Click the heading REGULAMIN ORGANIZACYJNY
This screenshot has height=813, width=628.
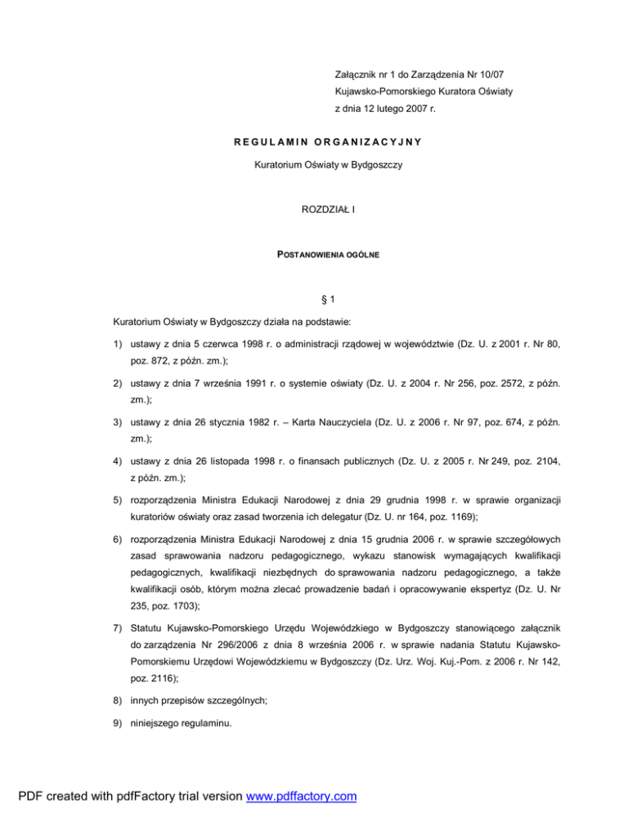315,142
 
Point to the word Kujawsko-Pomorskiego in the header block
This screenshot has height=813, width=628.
384,91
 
